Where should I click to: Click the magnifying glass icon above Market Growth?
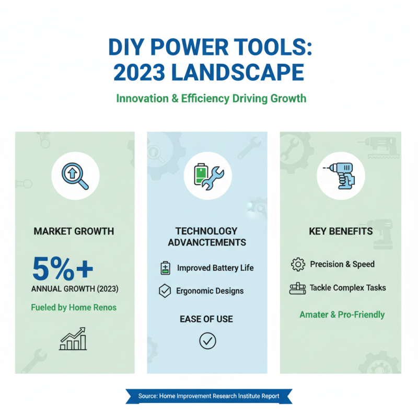75,176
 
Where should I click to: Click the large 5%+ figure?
62,269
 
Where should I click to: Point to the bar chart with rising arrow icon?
74,339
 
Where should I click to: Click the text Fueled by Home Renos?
74,307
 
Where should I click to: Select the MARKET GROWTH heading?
74,231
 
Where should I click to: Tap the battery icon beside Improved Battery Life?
165,268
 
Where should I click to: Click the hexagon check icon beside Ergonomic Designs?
165,291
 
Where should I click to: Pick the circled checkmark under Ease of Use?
207,341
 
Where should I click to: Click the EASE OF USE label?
206,319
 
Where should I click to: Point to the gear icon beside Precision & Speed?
297,264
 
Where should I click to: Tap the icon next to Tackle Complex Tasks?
297,288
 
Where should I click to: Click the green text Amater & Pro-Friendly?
342,315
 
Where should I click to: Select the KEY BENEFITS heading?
341,231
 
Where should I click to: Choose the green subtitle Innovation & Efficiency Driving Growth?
211,98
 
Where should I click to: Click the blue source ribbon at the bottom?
208,396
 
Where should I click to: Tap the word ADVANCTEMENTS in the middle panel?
206,242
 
